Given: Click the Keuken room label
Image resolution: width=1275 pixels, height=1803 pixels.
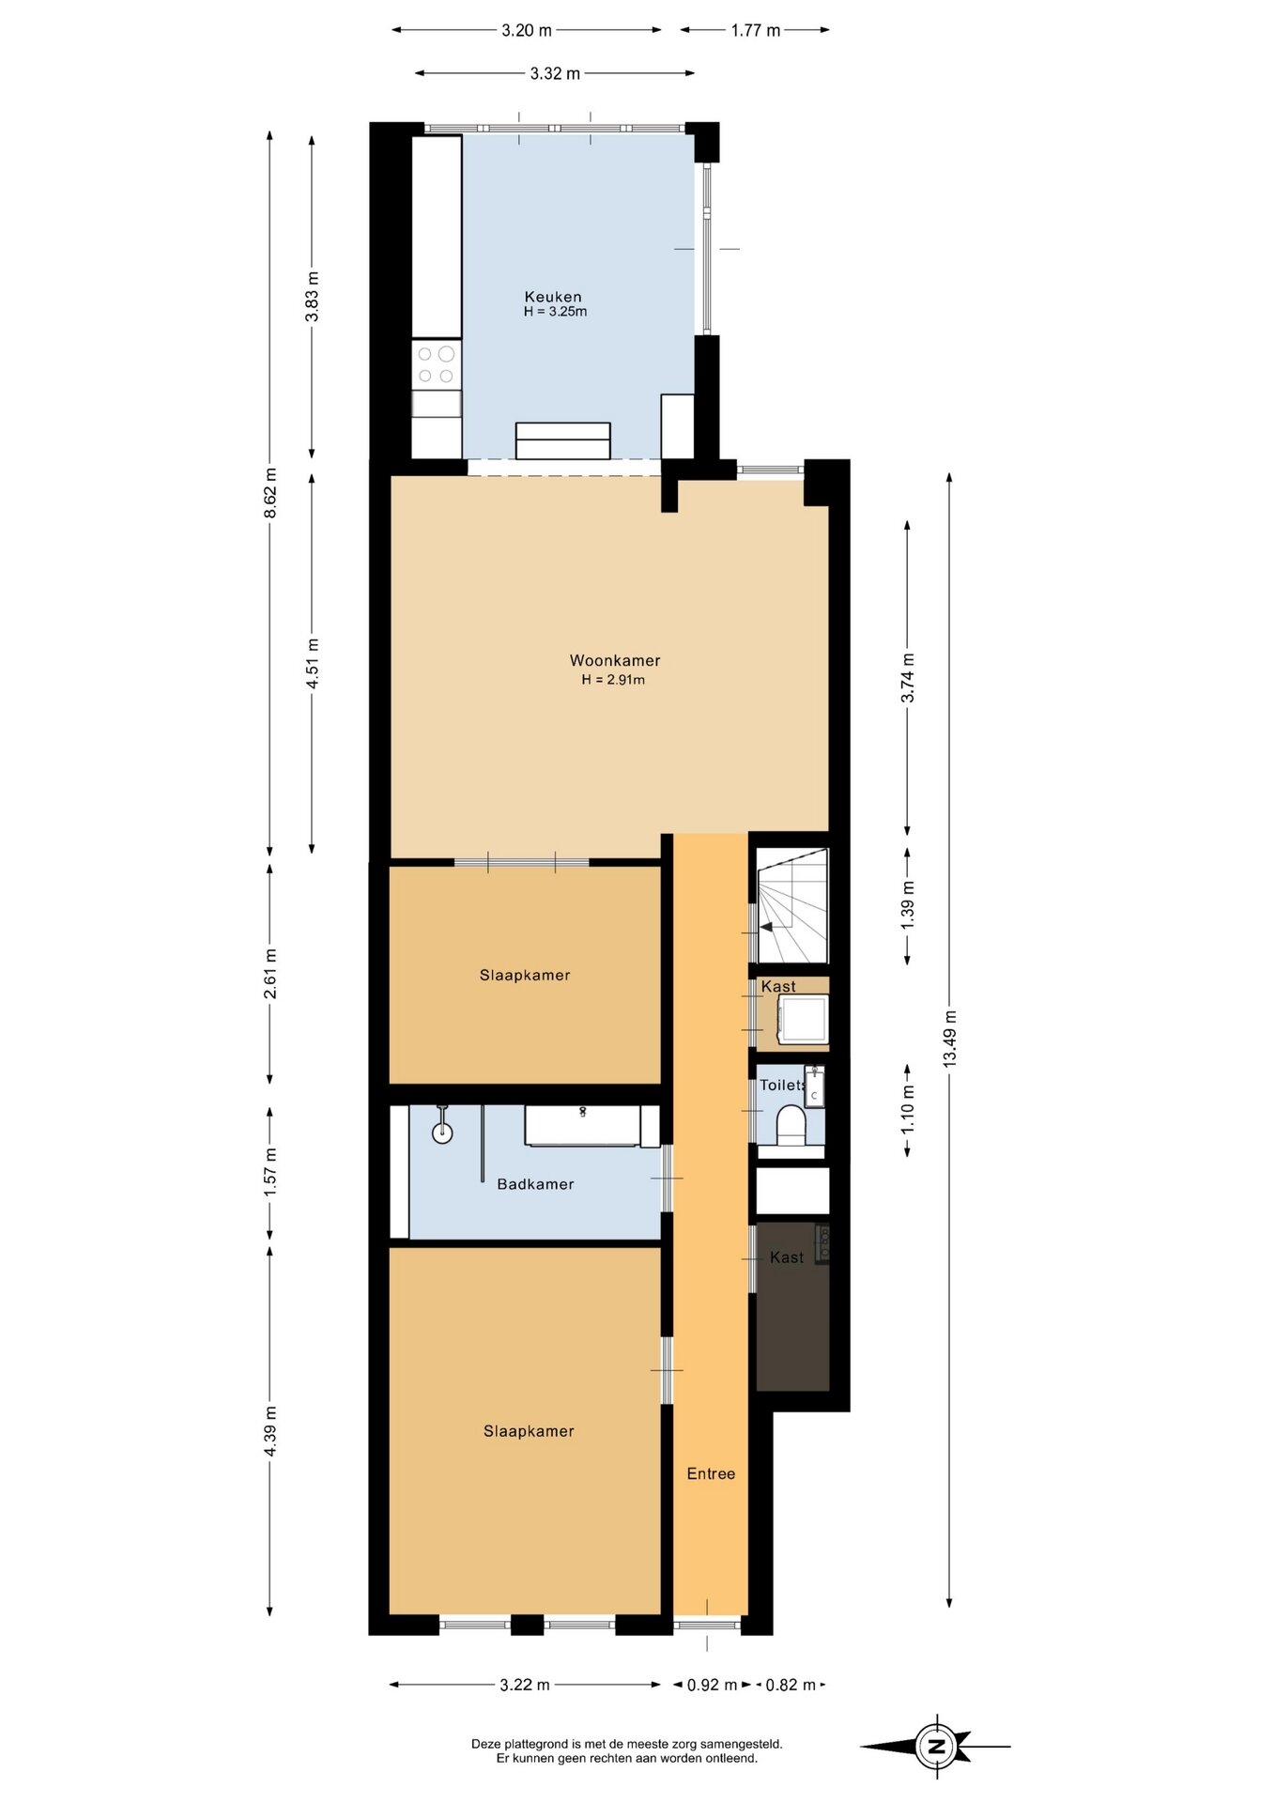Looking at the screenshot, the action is click(553, 297).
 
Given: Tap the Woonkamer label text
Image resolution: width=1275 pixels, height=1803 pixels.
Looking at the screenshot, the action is click(615, 660).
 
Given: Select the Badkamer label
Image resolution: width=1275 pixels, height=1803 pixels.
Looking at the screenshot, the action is click(535, 1184).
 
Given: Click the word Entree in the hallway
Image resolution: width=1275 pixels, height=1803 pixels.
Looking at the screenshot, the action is click(711, 1473).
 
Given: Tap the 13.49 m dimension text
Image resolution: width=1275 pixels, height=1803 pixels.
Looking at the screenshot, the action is click(950, 1038).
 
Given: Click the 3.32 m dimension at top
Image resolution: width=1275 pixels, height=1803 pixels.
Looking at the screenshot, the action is click(555, 73).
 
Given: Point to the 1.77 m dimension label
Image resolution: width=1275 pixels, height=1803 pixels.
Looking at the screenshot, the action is click(756, 30).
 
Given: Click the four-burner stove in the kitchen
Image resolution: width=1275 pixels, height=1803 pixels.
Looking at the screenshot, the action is click(437, 365).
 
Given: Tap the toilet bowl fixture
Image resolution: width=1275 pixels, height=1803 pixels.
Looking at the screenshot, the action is click(792, 1125).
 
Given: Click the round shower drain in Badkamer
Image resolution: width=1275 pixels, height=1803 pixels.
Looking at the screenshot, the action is click(442, 1133).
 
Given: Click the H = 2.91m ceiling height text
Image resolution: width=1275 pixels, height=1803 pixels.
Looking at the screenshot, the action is click(613, 680).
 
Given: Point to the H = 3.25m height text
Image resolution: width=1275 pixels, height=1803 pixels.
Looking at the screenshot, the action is click(555, 312).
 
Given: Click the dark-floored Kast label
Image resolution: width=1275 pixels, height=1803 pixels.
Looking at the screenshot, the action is click(787, 1257).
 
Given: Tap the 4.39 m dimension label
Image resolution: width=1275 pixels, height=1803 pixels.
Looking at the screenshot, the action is click(270, 1431).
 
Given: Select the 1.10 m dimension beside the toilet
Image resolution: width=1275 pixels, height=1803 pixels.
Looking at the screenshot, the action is click(908, 1109).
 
